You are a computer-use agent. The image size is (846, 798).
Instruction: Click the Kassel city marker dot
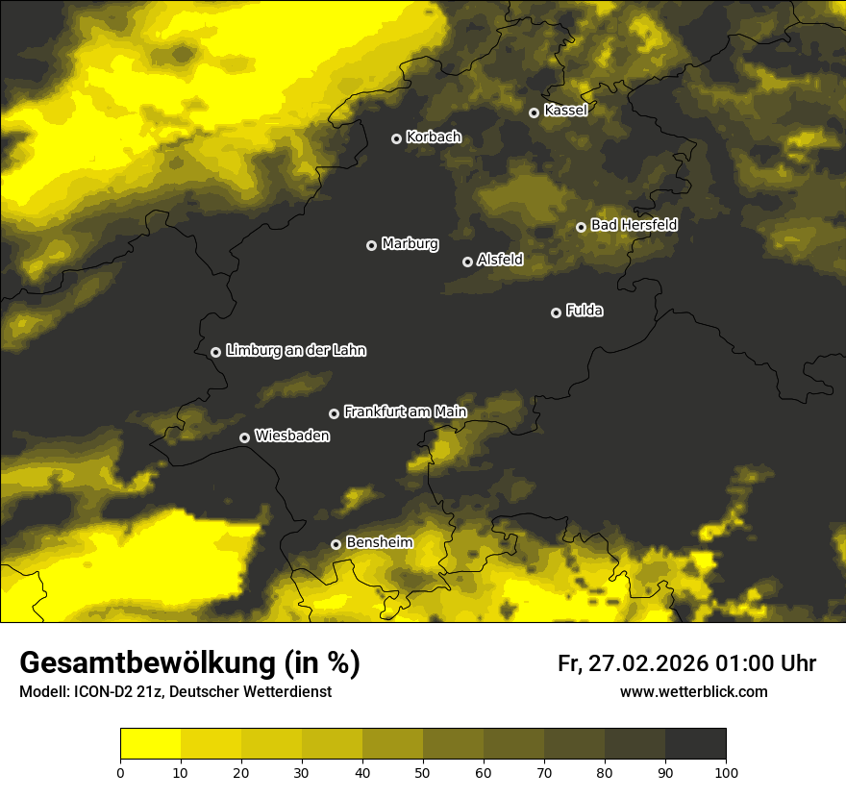click(x=534, y=112)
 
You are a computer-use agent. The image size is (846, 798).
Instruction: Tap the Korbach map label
click(x=434, y=137)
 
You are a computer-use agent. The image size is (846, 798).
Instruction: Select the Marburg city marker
click(x=371, y=245)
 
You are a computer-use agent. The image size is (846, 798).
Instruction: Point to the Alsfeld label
click(x=500, y=260)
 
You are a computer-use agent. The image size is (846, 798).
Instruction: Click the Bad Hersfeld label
click(x=634, y=225)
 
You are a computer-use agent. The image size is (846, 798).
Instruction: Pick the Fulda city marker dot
click(x=556, y=312)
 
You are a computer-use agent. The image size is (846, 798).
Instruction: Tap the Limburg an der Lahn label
click(x=296, y=351)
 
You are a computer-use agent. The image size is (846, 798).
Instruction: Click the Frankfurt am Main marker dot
click(x=334, y=413)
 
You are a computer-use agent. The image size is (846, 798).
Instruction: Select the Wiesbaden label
click(x=292, y=436)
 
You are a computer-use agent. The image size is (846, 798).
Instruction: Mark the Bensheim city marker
click(x=336, y=544)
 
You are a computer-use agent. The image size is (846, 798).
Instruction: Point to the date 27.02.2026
click(x=648, y=663)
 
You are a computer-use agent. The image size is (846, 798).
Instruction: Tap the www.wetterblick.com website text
click(x=693, y=692)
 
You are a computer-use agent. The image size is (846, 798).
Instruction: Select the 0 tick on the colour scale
click(x=120, y=772)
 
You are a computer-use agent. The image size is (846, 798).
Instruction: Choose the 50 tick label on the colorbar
click(x=423, y=772)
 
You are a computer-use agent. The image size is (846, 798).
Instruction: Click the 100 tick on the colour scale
click(x=726, y=772)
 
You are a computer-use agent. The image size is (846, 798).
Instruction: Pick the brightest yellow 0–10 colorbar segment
click(x=150, y=744)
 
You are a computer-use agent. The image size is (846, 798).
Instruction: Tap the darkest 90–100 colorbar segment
click(x=695, y=744)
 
